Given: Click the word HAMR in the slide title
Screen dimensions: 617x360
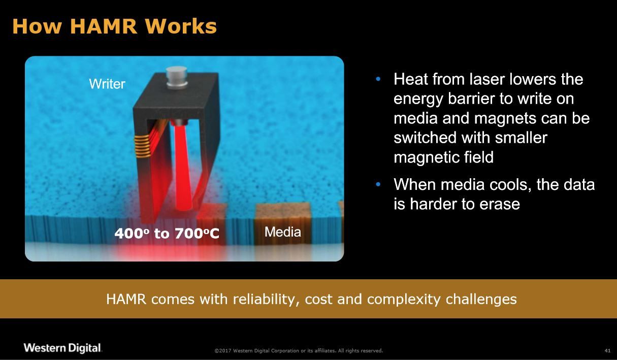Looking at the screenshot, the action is click(104, 26).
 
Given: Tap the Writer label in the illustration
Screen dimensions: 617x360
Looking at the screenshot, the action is click(107, 84).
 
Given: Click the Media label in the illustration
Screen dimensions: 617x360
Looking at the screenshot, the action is click(283, 232).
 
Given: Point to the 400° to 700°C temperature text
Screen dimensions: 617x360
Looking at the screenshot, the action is click(167, 233).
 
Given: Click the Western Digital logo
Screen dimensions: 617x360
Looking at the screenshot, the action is click(62, 348).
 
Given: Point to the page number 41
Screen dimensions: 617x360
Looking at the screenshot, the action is click(607, 351).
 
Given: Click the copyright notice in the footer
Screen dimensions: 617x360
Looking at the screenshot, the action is click(299, 351).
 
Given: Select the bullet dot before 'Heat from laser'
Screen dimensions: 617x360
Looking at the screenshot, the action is click(378, 79).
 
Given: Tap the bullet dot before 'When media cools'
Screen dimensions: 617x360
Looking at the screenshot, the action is click(378, 184).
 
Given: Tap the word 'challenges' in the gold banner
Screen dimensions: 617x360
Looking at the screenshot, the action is click(481, 299).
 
